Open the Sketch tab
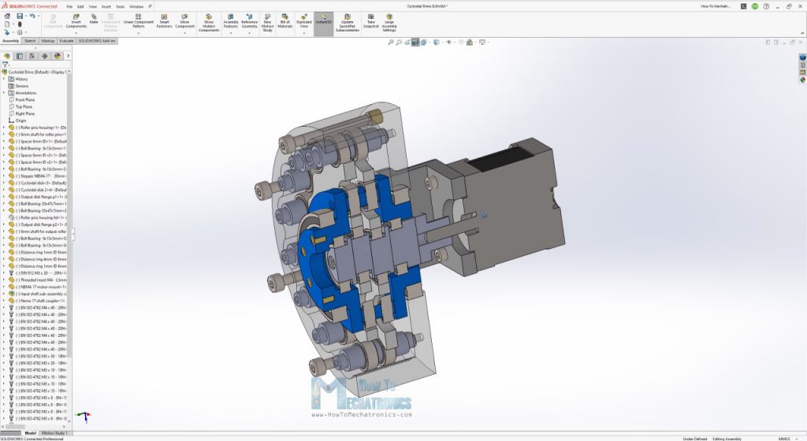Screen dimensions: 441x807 click(30, 40)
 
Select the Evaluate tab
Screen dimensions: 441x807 click(66, 40)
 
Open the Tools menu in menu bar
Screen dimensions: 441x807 click(120, 6)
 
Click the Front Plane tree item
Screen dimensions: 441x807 click(25, 100)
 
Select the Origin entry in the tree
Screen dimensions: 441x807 click(20, 120)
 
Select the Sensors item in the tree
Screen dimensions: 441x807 click(22, 86)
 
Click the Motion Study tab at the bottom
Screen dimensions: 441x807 click(55, 432)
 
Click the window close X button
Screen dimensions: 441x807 click(800, 6)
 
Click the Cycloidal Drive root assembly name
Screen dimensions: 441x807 click(35, 72)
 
